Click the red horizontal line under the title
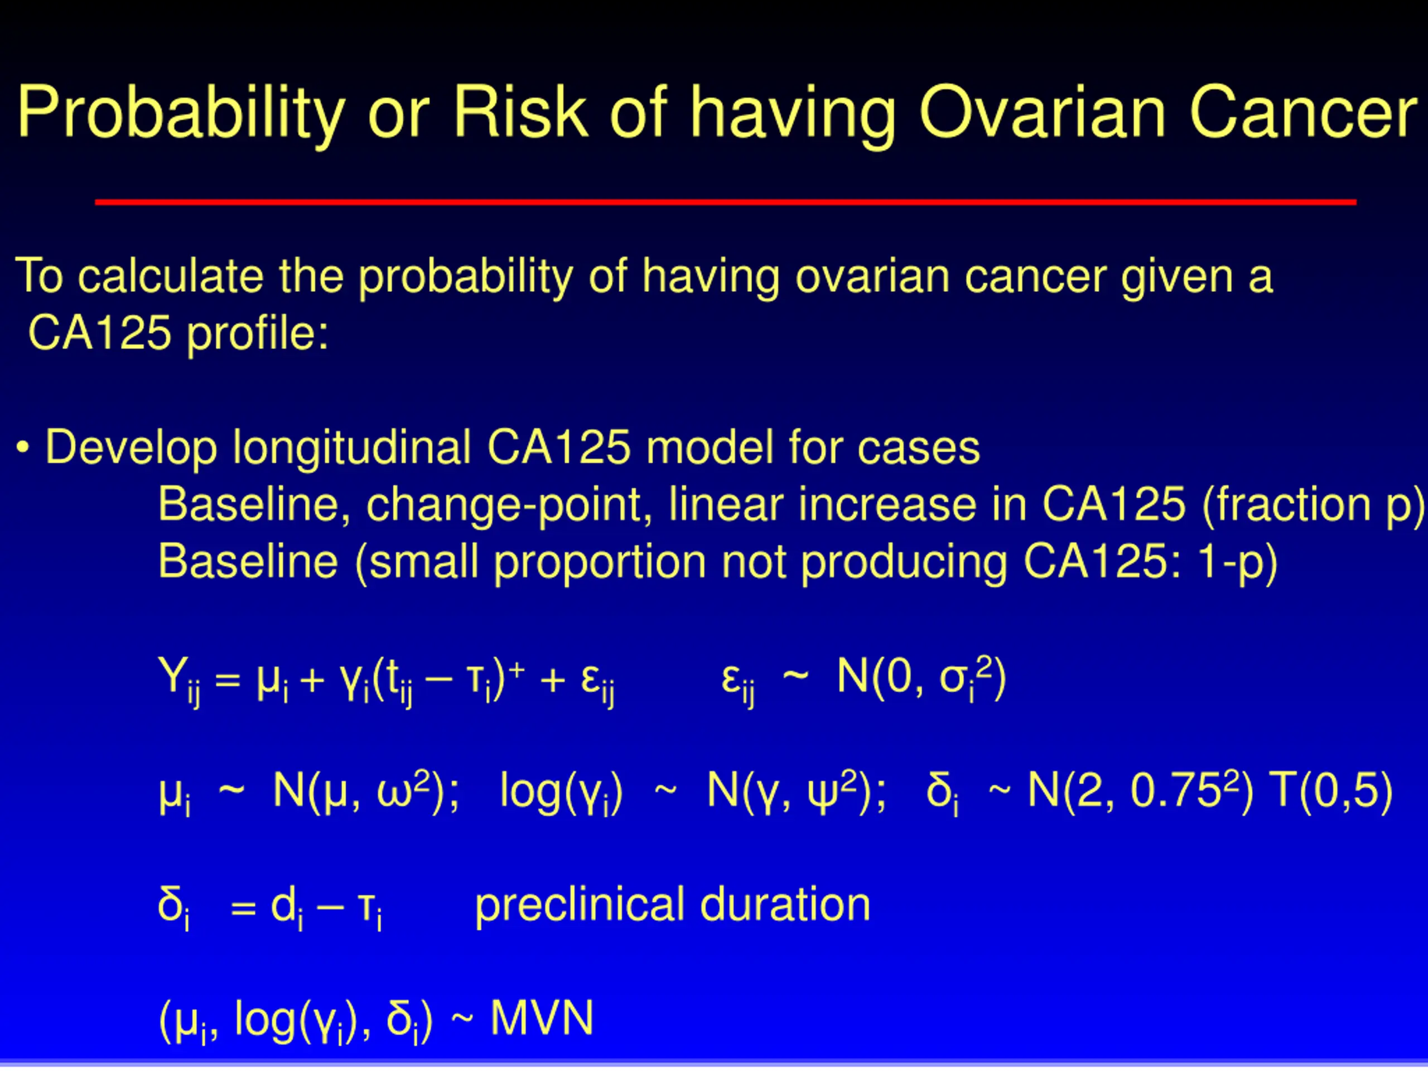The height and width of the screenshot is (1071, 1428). (726, 202)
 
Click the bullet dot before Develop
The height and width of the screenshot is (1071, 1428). (23, 447)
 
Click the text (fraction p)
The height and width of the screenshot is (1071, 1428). (1314, 505)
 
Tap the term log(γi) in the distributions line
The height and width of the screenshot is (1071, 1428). (561, 792)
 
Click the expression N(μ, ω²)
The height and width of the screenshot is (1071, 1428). (365, 792)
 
